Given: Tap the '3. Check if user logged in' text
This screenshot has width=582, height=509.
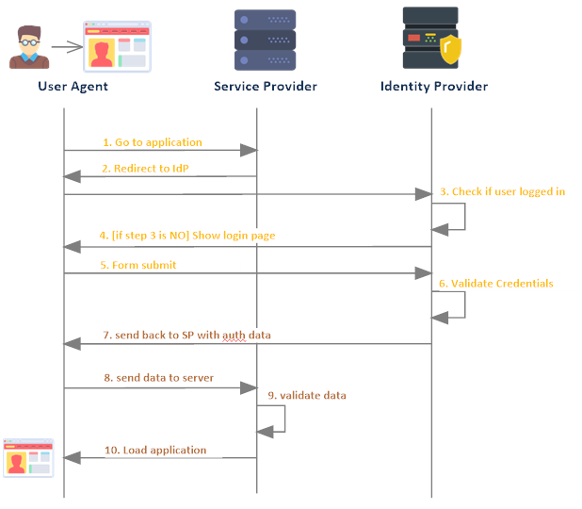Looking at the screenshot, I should pos(502,191).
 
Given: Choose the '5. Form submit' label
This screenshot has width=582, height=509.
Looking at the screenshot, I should pos(139,265).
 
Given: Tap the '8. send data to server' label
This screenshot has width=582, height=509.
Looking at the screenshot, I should pos(159,377).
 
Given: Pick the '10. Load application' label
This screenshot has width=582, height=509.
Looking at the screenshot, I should pos(155,450).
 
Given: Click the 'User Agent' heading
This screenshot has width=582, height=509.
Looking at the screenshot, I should pos(73,87).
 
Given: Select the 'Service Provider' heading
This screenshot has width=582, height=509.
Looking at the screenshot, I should pos(266,87).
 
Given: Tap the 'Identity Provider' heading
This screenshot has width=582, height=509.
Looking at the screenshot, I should pos(434,87).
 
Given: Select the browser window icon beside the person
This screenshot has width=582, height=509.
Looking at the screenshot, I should pos(117,46).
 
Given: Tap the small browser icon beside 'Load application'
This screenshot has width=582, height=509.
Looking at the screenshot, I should pos(28,457).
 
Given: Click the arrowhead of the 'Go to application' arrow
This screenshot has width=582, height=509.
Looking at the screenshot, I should pos(250,150).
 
